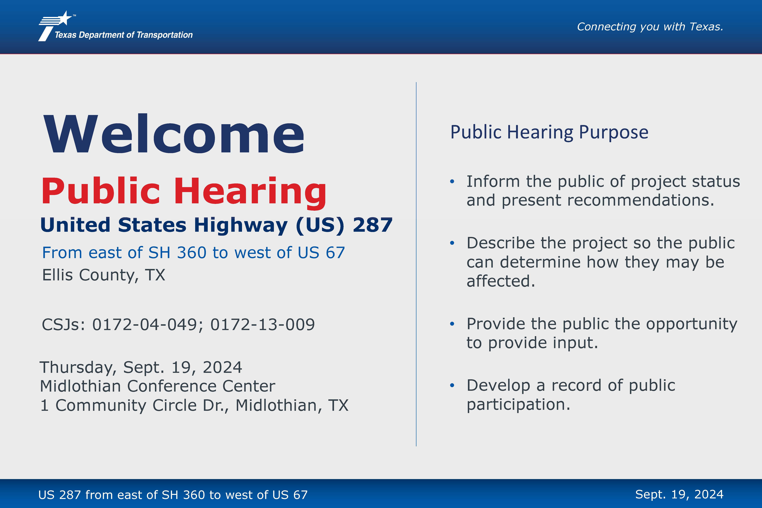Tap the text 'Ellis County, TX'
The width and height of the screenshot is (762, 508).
tap(104, 275)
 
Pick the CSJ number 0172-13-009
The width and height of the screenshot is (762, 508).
tap(262, 324)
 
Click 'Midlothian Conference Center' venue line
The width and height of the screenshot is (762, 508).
tap(157, 386)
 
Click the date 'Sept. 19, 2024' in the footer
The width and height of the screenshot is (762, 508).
tap(679, 494)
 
